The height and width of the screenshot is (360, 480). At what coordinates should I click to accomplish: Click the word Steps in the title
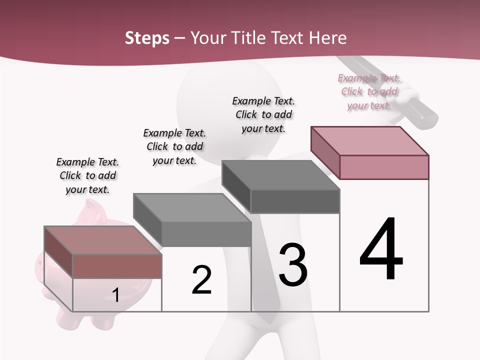pyautogui.click(x=147, y=38)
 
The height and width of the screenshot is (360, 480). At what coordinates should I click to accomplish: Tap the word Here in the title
pyautogui.click(x=327, y=38)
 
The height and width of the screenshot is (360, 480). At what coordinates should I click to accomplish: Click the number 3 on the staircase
pyautogui.click(x=292, y=265)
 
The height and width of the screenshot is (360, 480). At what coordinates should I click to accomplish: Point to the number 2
pyautogui.click(x=201, y=280)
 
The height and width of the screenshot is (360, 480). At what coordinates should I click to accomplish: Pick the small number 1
pyautogui.click(x=115, y=295)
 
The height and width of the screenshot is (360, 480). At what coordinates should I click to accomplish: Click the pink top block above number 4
pyautogui.click(x=370, y=152)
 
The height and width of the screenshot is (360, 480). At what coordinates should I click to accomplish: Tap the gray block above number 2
pyautogui.click(x=192, y=220)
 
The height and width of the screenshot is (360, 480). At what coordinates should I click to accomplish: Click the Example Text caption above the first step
pyautogui.click(x=87, y=175)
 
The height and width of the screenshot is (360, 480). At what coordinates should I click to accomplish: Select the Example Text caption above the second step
pyautogui.click(x=174, y=146)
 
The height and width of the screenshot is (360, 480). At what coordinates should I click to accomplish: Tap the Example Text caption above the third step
pyautogui.click(x=263, y=114)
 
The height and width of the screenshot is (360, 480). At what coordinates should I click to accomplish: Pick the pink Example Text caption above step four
pyautogui.click(x=369, y=91)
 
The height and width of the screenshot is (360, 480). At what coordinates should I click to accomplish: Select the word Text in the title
pyautogui.click(x=286, y=38)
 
